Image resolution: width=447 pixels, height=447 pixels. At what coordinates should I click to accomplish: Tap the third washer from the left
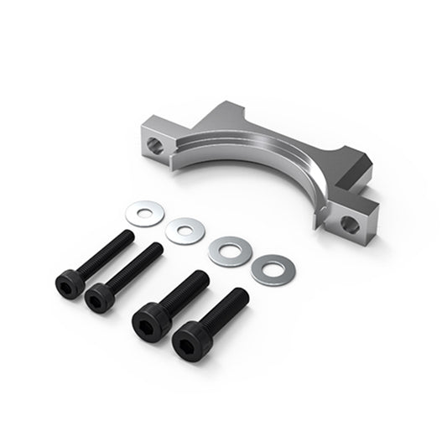pyautogui.click(x=226, y=249)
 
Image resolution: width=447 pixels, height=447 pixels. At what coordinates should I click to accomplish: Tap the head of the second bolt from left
pyautogui.click(x=98, y=296)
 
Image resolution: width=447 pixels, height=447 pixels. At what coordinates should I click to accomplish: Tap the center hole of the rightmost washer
pyautogui.click(x=270, y=268)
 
